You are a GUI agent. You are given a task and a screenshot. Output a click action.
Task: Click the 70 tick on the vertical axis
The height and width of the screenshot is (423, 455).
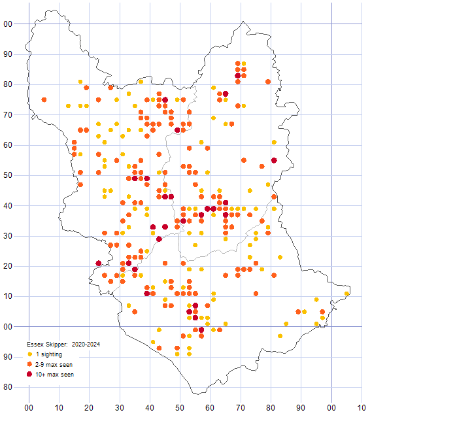click(x=8, y=115)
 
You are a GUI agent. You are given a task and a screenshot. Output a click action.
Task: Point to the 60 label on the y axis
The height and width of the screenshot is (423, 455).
click(x=8, y=145)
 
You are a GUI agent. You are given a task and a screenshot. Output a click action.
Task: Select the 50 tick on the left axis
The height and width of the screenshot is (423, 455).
click(x=8, y=175)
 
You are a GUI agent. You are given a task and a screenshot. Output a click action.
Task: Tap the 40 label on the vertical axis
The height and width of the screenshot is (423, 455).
click(x=8, y=206)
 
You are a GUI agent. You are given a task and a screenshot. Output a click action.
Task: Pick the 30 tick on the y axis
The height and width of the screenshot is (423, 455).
click(x=8, y=236)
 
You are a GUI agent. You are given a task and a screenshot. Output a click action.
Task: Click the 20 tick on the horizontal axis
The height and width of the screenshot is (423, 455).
click(x=89, y=407)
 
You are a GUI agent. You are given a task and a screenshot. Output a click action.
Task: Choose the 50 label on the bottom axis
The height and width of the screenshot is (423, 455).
click(x=180, y=407)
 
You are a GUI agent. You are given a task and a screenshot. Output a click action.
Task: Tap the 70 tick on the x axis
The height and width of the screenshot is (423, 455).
click(x=241, y=407)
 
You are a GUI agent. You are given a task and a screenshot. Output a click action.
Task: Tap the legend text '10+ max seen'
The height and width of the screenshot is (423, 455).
click(x=55, y=375)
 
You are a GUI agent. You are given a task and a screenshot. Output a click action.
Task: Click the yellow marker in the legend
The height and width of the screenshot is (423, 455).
click(x=29, y=354)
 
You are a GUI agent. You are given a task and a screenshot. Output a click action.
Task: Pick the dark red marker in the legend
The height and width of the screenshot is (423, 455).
click(x=29, y=375)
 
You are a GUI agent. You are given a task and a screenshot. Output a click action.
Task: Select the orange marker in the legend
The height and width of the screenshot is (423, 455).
click(x=29, y=364)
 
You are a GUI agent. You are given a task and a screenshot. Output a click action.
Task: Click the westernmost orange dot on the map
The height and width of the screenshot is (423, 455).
click(x=44, y=99)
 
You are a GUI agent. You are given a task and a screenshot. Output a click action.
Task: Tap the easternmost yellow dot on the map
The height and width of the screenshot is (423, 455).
click(x=347, y=294)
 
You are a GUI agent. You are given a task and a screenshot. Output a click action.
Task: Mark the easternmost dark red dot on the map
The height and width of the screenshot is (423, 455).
click(x=274, y=160)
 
